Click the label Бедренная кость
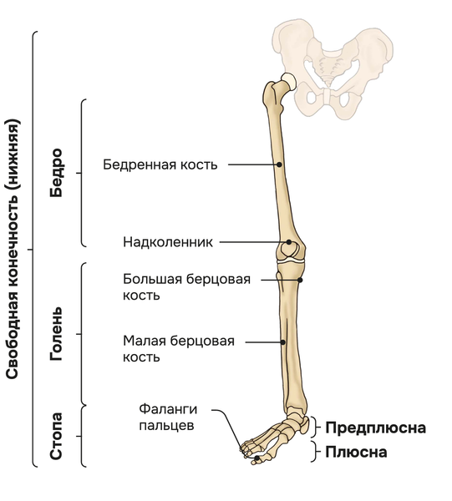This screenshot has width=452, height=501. [x=160, y=164]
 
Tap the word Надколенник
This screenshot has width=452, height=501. [x=168, y=242]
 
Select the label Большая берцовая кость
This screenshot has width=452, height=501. [x=186, y=287]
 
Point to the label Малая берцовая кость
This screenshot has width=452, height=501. [x=179, y=348]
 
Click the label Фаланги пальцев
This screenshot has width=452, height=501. [x=168, y=417]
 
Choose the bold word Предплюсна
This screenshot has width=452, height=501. [x=376, y=428]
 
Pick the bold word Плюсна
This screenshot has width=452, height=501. [x=356, y=452]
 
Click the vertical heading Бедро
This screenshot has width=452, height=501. [x=57, y=173]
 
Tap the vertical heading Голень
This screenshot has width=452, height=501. [x=57, y=334]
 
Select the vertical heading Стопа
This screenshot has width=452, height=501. [x=57, y=436]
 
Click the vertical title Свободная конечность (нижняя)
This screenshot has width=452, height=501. [x=13, y=249]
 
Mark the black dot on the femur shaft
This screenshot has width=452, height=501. [x=279, y=164]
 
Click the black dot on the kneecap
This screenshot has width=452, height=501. [x=288, y=242]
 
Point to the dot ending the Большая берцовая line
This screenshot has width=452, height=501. [x=300, y=281]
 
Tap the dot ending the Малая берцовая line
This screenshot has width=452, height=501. [x=283, y=342]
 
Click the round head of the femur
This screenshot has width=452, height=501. [x=289, y=80]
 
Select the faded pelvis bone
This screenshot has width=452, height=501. [x=333, y=68]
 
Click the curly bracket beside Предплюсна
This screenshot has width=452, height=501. [x=316, y=427]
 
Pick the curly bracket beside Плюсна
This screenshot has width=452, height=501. [x=316, y=452]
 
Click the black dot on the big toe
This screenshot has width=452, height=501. [x=256, y=458]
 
